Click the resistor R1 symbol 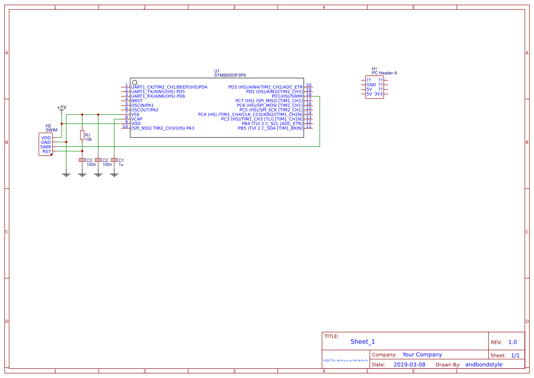82,135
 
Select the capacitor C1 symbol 114,160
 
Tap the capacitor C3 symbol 82,160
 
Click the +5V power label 62,107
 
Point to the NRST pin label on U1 137,101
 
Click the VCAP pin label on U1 137,119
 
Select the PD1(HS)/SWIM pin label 287,96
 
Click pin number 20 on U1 309,85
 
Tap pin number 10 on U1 125,127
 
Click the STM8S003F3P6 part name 230,75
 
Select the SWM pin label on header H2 46,147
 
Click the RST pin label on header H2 47,151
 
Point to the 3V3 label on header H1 379,94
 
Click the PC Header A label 384,73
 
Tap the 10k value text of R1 89,139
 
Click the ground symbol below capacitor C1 114,175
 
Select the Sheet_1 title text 363,341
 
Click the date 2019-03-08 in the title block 409,365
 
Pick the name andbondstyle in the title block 483,365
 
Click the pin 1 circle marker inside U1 135,82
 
